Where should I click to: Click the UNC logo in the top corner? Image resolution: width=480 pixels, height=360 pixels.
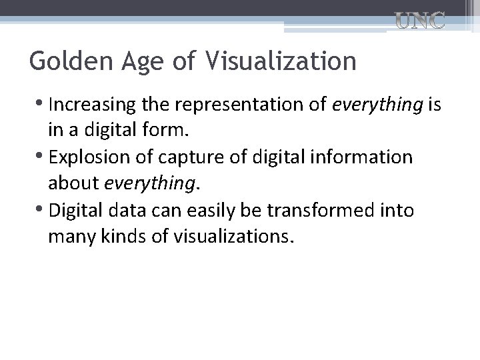[x=420, y=21]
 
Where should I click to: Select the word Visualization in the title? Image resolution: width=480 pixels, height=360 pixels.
[x=281, y=61]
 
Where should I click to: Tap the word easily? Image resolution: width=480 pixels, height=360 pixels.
[x=213, y=211]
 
